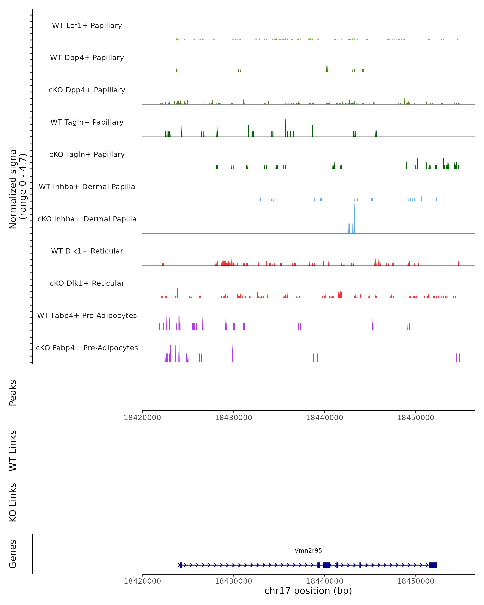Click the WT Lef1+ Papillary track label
[87, 26]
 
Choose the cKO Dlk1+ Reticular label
[87, 283]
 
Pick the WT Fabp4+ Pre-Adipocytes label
[87, 315]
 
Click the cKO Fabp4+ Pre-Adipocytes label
[87, 348]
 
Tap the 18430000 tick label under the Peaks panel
[234, 418]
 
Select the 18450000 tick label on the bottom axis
[416, 581]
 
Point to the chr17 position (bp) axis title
[308, 591]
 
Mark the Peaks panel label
[13, 393]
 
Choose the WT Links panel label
[13, 450]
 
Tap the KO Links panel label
[13, 503]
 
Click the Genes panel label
[13, 554]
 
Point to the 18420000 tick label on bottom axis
[142, 581]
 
